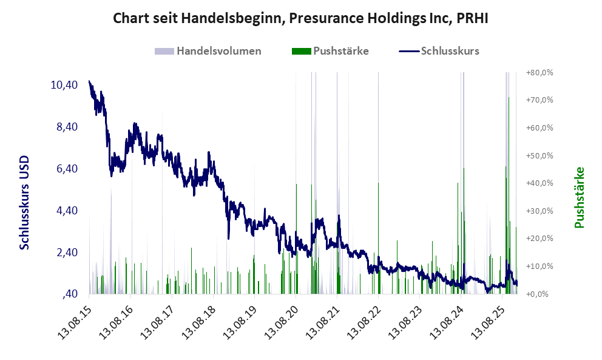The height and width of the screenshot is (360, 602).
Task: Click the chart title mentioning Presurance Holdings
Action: click(x=300, y=19)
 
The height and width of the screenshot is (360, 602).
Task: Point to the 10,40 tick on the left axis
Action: click(x=64, y=85)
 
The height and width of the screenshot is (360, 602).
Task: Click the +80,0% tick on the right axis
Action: click(x=539, y=72)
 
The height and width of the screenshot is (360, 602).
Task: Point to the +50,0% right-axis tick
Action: click(x=539, y=155)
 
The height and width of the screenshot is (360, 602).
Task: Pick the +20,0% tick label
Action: click(x=539, y=239)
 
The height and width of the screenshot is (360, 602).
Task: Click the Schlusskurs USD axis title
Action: click(x=25, y=202)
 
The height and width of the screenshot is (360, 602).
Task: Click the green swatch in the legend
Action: click(x=301, y=51)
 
